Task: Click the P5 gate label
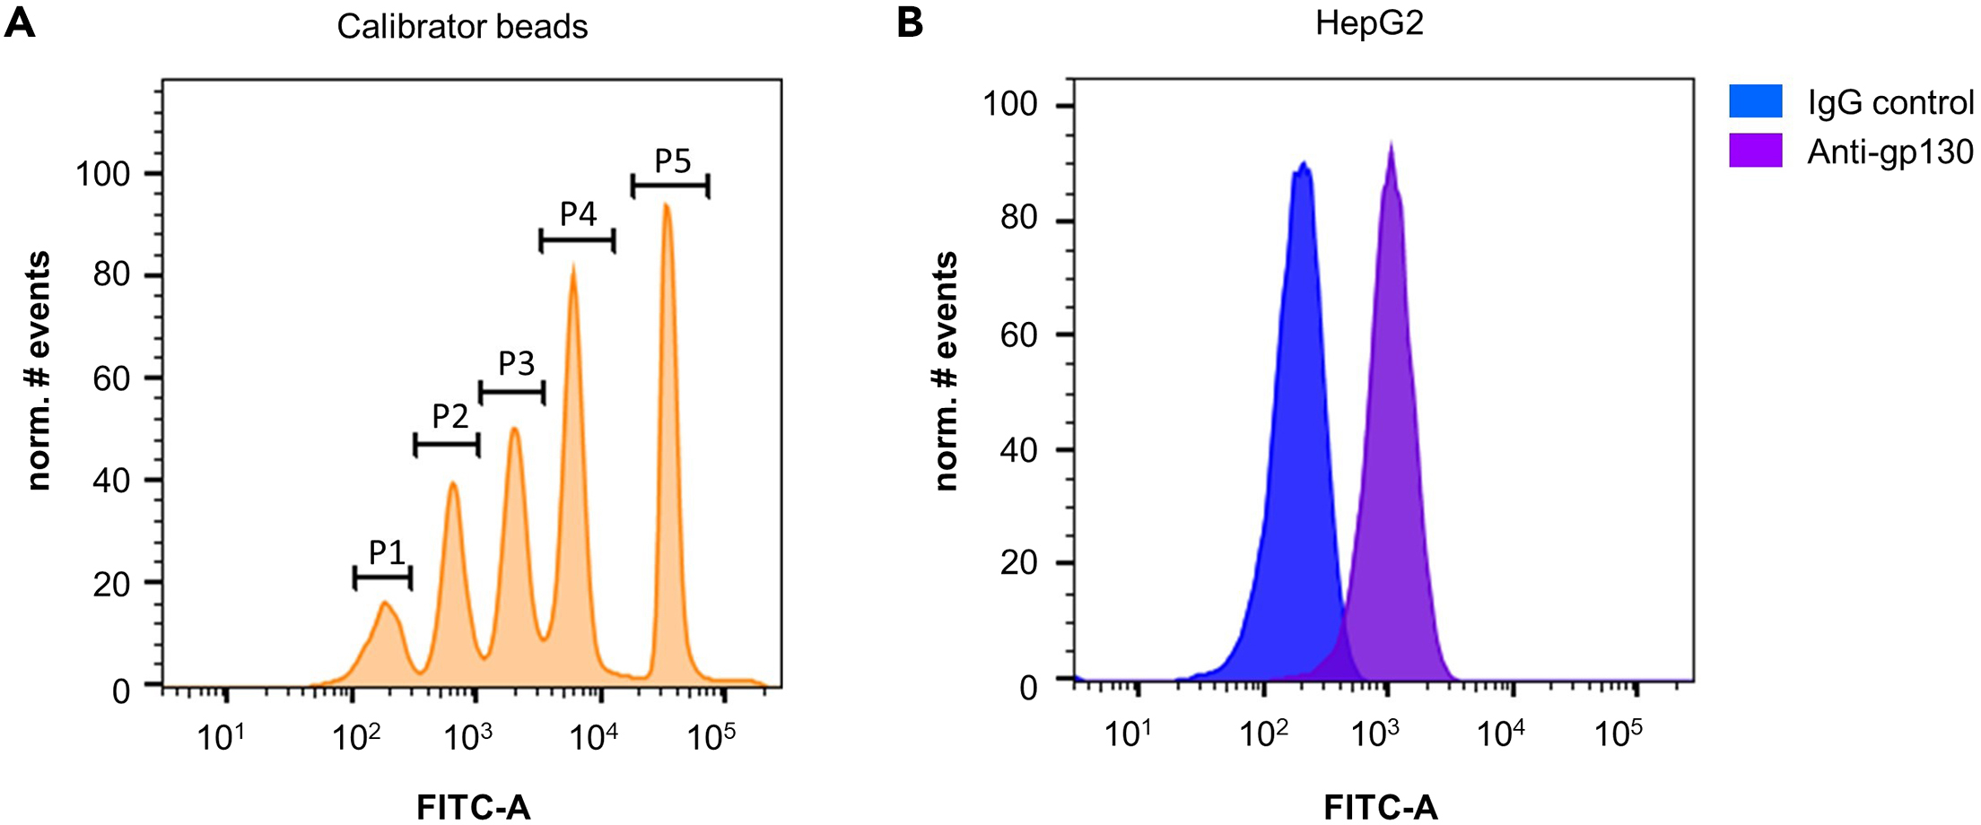[672, 161]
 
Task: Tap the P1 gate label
[387, 552]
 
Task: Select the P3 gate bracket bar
[511, 393]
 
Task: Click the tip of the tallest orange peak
[666, 205]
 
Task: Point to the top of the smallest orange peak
[385, 603]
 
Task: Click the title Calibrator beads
[462, 27]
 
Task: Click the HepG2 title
[1369, 23]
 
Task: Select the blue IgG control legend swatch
[1755, 101]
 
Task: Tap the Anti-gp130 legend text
[1889, 152]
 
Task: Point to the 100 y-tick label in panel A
[103, 174]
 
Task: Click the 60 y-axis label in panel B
[1019, 335]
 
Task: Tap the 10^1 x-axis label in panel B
[1127, 734]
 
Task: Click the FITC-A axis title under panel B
[1380, 807]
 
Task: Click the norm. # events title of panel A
[38, 370]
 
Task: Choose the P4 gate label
[578, 214]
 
